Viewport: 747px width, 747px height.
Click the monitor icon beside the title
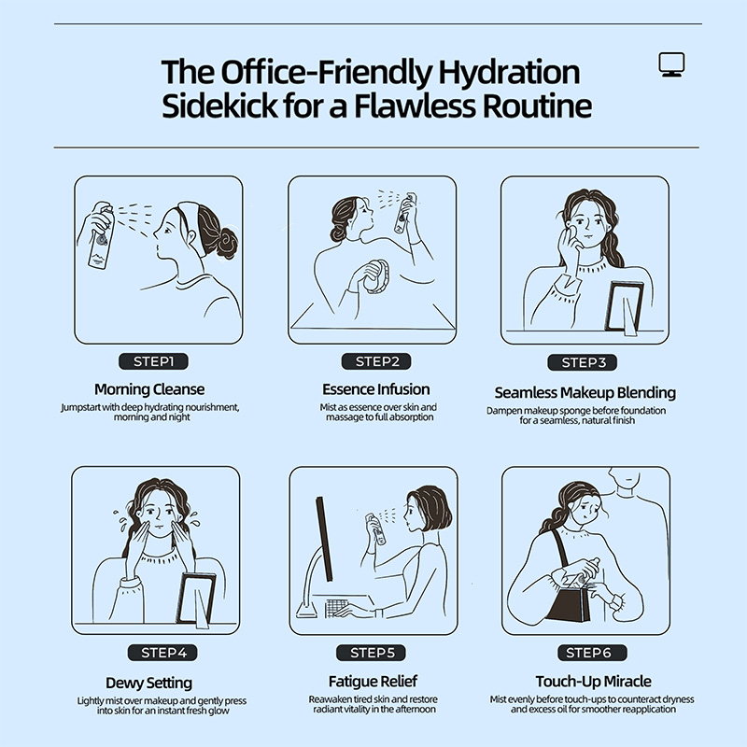[671, 64]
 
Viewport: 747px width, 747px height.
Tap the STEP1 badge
[153, 361]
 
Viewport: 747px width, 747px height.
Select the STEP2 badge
[376, 361]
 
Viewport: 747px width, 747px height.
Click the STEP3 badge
[582, 362]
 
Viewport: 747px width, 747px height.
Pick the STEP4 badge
[162, 653]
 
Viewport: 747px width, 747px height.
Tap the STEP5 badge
[371, 653]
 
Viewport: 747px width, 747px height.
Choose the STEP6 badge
[592, 653]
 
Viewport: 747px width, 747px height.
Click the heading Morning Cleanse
[149, 389]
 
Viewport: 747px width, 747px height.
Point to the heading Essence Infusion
[376, 389]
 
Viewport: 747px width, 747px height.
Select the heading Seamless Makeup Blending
[585, 392]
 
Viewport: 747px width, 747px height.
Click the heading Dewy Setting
[149, 684]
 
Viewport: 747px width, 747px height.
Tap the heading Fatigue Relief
[373, 682]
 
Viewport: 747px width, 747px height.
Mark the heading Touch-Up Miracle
[594, 682]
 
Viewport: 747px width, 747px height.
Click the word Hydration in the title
[509, 73]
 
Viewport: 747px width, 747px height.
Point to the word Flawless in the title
[415, 106]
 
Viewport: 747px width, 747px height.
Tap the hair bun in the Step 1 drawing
[227, 243]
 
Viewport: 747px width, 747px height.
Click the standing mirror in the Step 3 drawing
[624, 307]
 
